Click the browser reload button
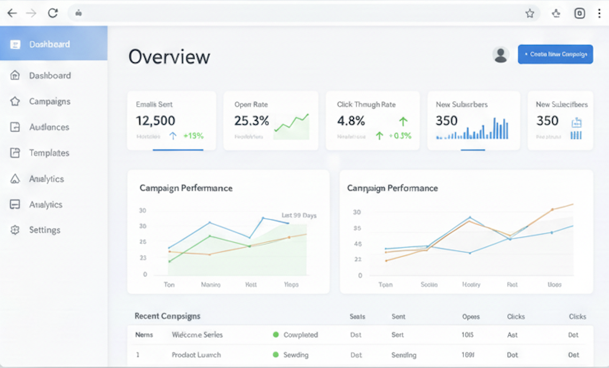point(52,13)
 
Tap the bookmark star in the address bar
point(529,13)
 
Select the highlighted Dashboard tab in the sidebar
point(49,44)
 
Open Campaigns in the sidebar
point(49,101)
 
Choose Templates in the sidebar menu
point(49,153)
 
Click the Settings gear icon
point(15,230)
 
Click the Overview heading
point(169,57)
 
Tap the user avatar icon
point(501,55)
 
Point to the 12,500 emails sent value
point(155,121)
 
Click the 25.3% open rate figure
point(251,121)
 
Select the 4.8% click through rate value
point(351,121)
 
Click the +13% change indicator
point(193,136)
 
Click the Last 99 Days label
point(299,216)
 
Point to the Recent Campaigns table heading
point(167,316)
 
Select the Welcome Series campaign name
point(197,335)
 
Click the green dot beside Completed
point(276,335)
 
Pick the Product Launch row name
point(196,355)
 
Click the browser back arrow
point(12,13)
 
